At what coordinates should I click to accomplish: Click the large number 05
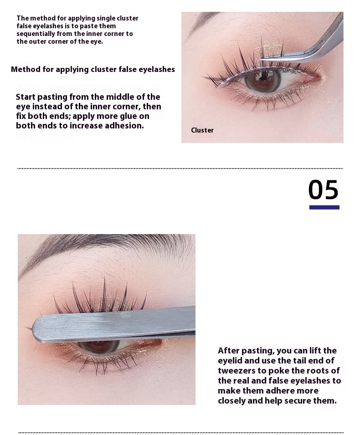[324, 189]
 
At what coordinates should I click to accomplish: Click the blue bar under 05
[324, 207]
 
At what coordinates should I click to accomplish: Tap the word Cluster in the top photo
[202, 130]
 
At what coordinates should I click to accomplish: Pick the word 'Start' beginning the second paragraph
[26, 97]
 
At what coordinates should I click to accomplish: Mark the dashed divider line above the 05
[180, 169]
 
